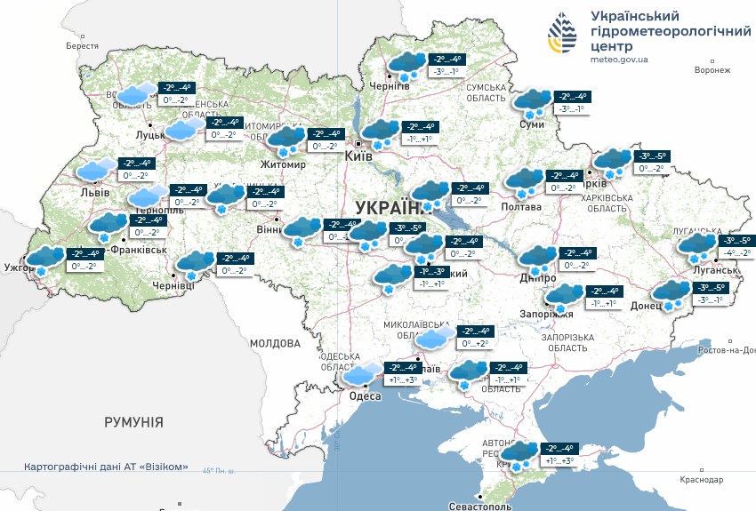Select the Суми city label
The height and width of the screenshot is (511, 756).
click(532, 124)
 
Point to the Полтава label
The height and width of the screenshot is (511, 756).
click(521, 207)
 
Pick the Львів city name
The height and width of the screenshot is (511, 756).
click(95, 192)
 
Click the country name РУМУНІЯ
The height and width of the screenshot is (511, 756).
click(133, 422)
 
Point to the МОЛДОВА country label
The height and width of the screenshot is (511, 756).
click(276, 343)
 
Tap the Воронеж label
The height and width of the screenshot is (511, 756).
click(712, 70)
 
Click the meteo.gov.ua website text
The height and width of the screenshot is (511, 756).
click(619, 60)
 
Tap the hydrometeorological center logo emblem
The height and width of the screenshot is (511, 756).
click(561, 35)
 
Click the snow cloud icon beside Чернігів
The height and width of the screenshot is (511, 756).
click(405, 66)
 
